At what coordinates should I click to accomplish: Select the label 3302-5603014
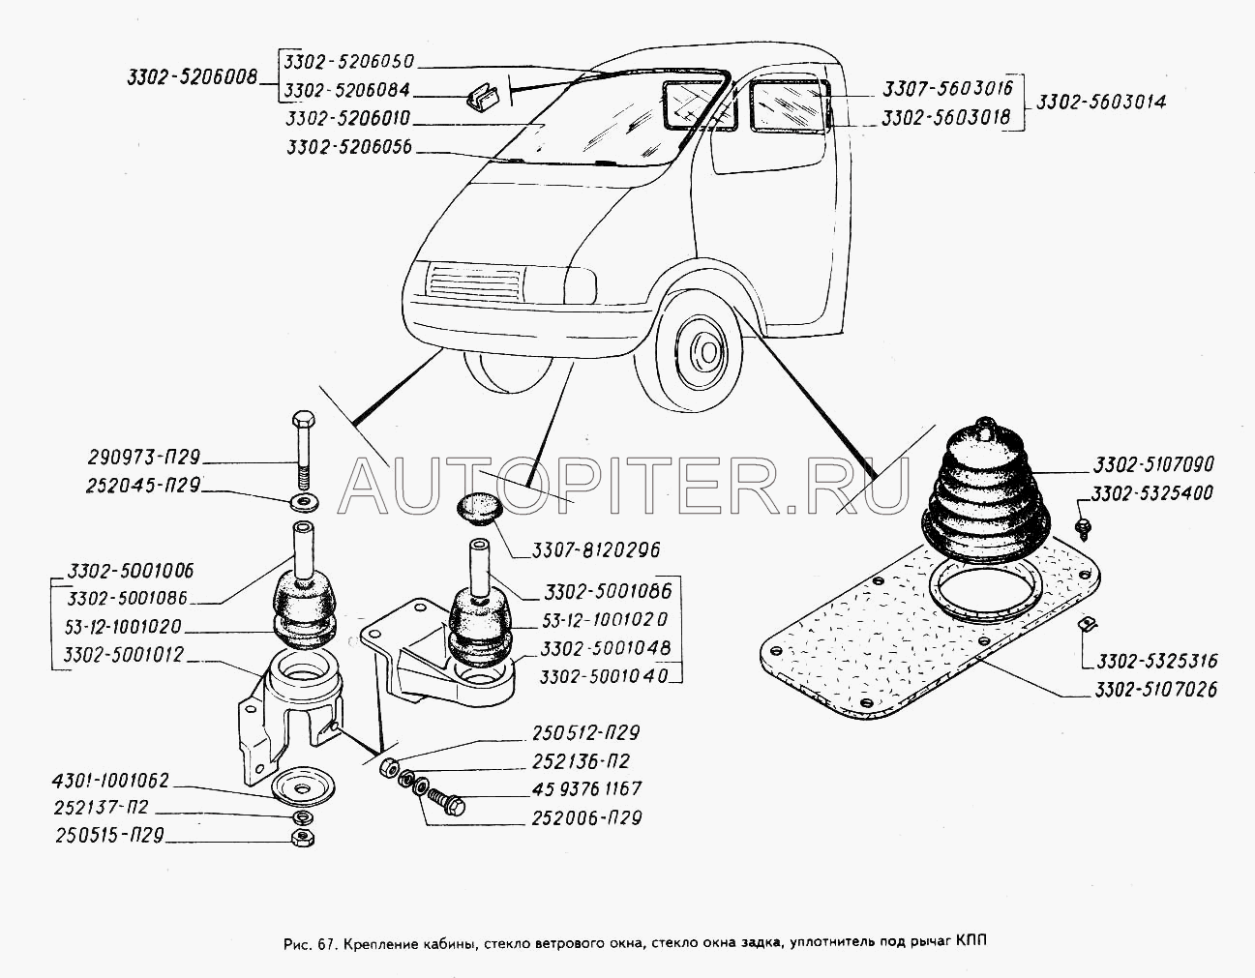(x=1099, y=102)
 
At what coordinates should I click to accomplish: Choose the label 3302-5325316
(x=1156, y=661)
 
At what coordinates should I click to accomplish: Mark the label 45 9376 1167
(x=585, y=789)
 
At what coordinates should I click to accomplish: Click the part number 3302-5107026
(x=1156, y=690)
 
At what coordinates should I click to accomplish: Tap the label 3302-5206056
(x=349, y=147)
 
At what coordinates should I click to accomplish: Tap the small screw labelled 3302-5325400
(x=1085, y=526)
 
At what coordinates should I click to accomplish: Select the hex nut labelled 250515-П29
(x=301, y=836)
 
